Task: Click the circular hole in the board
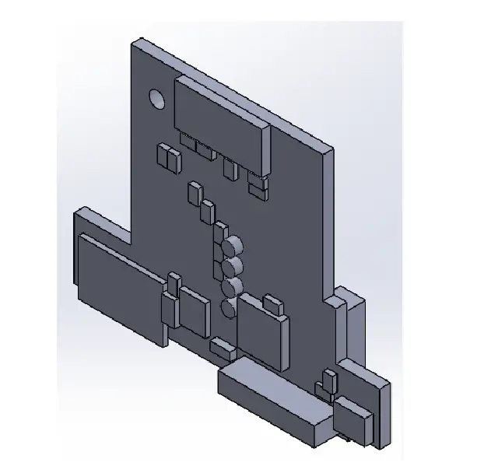[x=156, y=99]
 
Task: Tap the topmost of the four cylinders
[x=230, y=248]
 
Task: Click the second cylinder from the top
[x=230, y=268]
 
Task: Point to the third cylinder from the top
[x=230, y=289]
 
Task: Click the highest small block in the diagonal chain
[x=194, y=193]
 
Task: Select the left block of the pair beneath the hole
[x=164, y=156]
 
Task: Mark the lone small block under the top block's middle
[x=229, y=168]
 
